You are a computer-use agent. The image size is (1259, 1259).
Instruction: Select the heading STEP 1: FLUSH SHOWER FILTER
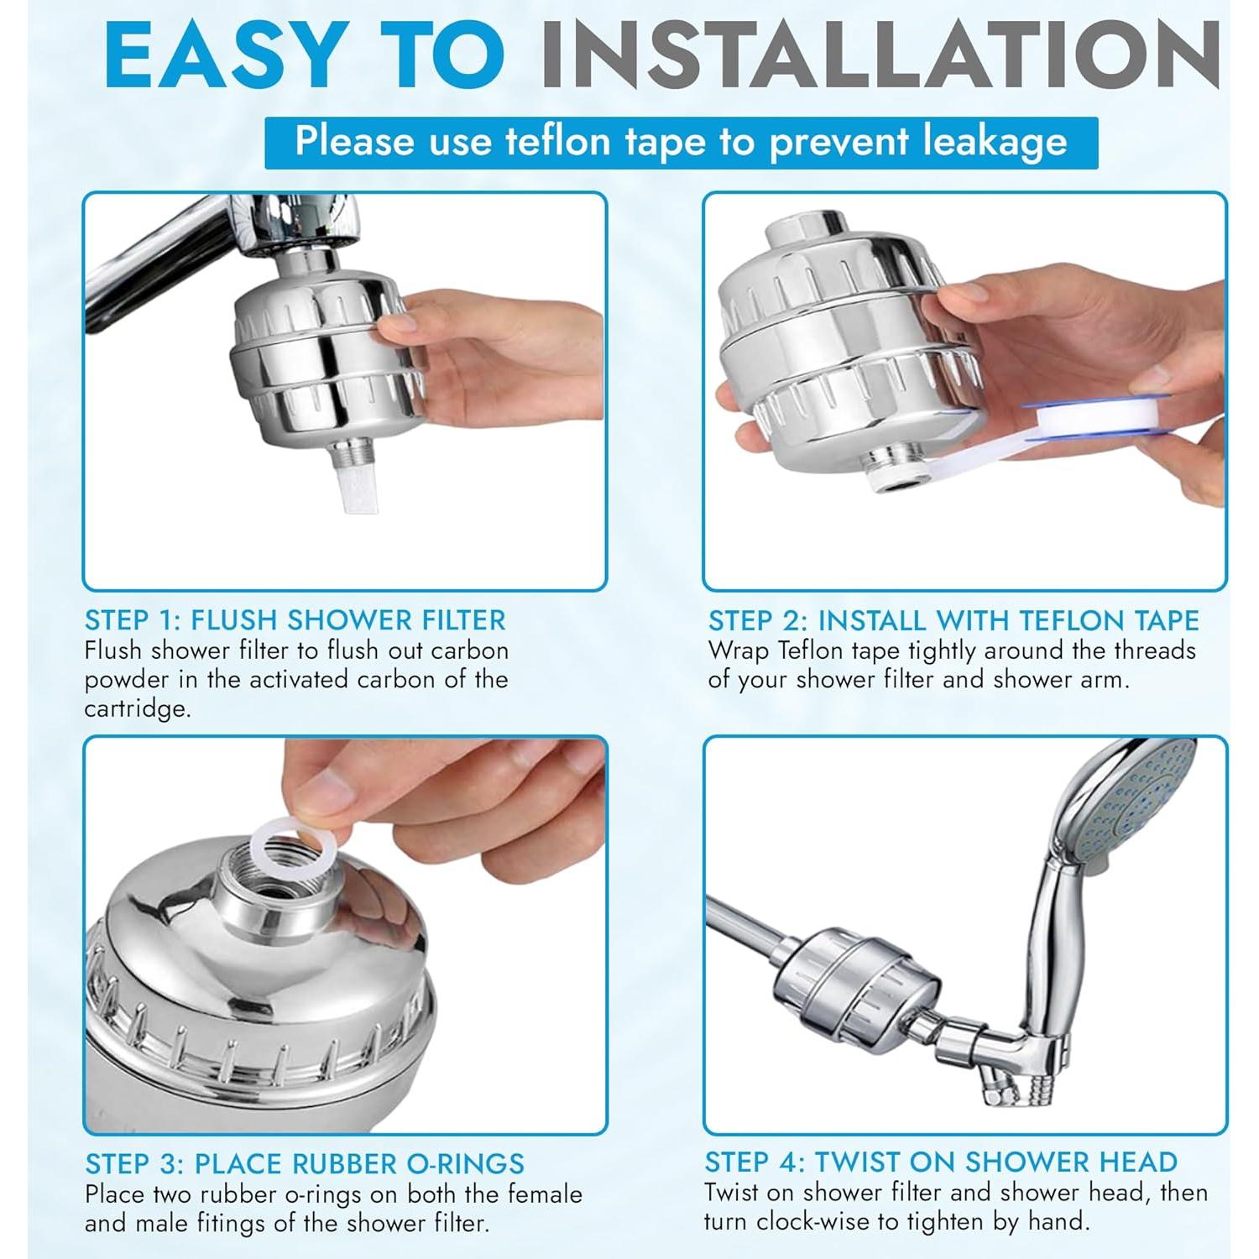click(295, 620)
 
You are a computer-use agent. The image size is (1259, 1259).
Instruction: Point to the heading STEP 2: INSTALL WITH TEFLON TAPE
click(953, 620)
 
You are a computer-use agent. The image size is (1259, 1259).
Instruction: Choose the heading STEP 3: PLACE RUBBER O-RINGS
click(305, 1163)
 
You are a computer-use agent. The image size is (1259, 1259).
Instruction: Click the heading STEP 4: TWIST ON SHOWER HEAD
click(941, 1162)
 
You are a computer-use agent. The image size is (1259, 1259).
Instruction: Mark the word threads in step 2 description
click(1146, 650)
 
